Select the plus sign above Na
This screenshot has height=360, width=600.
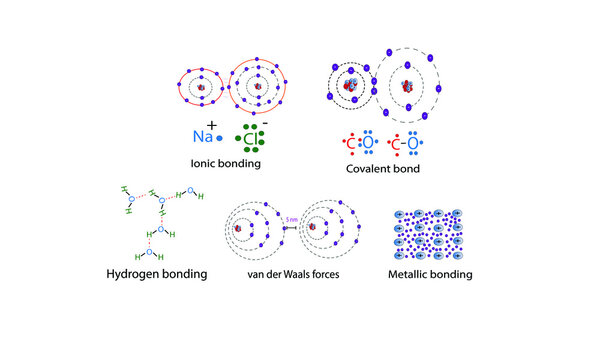pos(212,123)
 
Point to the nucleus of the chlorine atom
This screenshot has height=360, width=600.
pos(257,88)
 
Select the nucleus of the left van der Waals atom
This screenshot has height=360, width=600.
pos(241,229)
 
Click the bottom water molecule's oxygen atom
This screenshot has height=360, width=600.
pos(152,242)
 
